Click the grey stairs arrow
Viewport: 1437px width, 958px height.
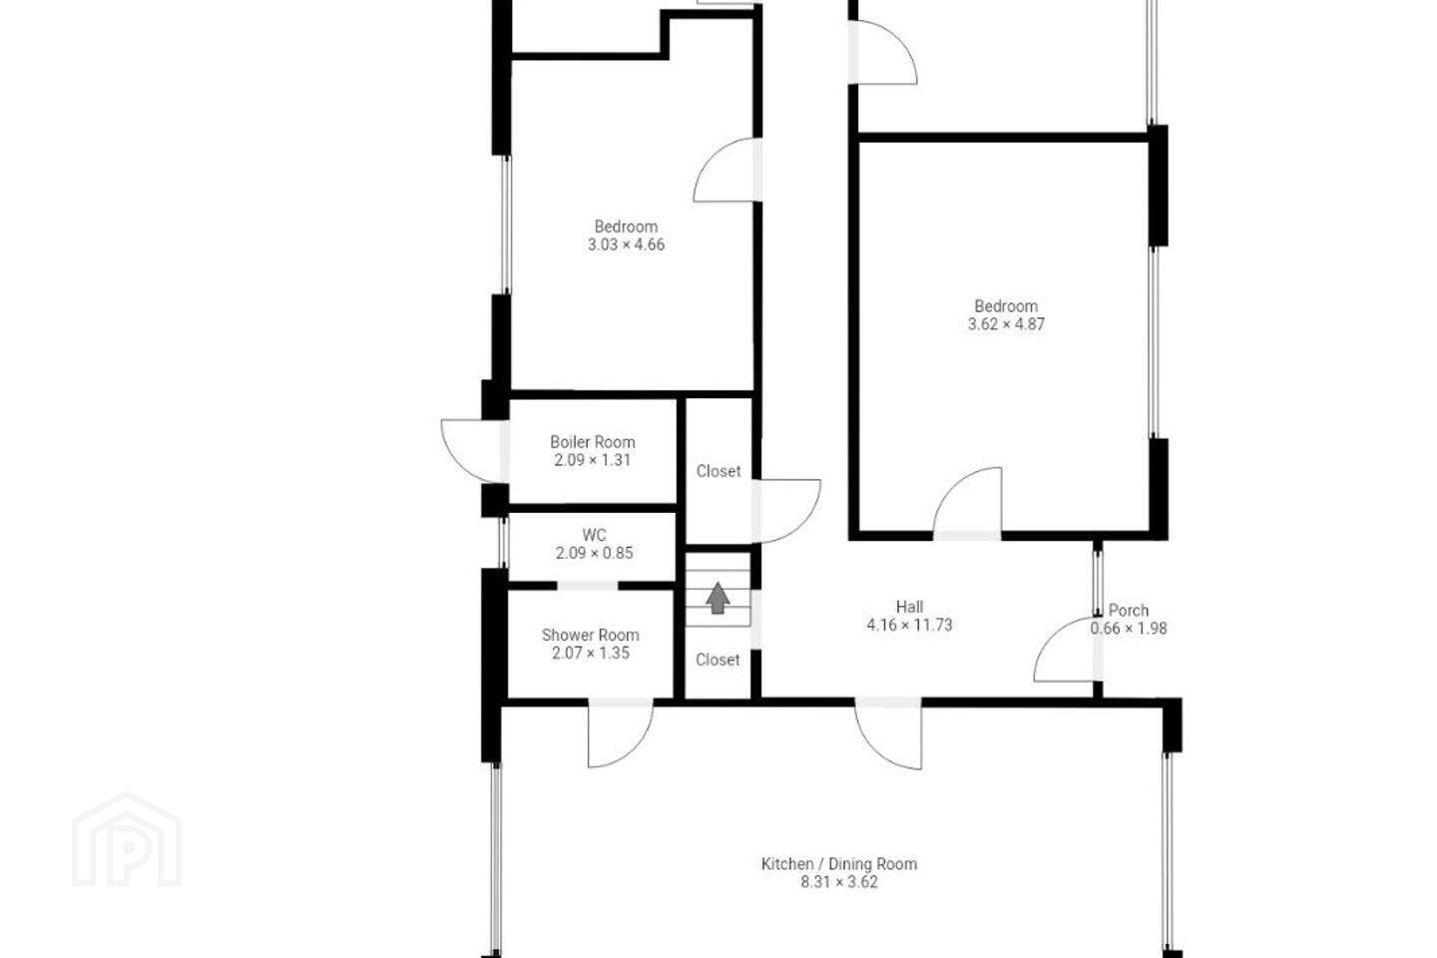pos(718,598)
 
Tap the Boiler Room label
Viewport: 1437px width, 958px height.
pos(593,442)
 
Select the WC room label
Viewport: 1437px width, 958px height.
pos(594,535)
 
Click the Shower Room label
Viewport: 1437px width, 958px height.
pos(590,636)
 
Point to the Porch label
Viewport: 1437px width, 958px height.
pos(1129,610)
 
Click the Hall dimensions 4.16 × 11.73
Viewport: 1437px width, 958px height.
pos(910,625)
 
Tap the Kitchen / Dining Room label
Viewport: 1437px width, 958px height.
pos(839,864)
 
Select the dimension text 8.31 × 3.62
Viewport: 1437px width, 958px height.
pos(839,882)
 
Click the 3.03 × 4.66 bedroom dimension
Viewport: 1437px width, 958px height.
pos(626,244)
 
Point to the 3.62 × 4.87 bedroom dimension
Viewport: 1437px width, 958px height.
pos(1006,324)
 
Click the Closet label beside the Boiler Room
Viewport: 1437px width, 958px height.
pos(718,471)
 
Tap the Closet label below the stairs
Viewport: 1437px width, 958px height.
pos(718,660)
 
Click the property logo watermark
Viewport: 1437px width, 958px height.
pos(127,839)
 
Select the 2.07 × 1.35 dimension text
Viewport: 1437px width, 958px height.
pos(590,654)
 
